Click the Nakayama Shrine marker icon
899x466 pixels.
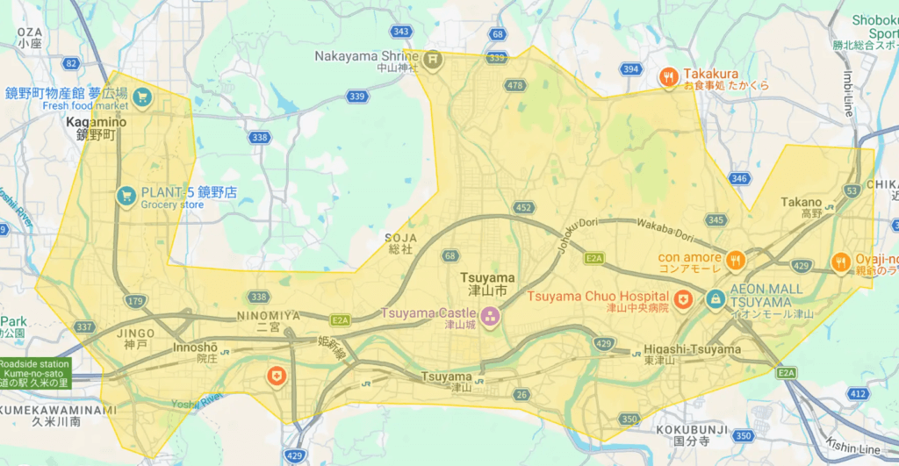pyautogui.click(x=432, y=59)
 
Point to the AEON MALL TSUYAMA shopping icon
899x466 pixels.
pyautogui.click(x=716, y=299)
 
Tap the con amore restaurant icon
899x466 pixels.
pyautogui.click(x=736, y=259)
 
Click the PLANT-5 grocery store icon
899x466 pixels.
pyautogui.click(x=126, y=195)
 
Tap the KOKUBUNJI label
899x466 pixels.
pyautogui.click(x=691, y=429)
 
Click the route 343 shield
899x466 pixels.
pyautogui.click(x=402, y=32)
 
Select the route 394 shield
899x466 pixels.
pyautogui.click(x=629, y=68)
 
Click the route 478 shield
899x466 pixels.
pyautogui.click(x=514, y=85)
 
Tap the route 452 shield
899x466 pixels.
pyautogui.click(x=524, y=208)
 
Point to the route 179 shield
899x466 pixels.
pyautogui.click(x=135, y=302)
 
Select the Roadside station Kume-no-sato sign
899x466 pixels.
pyautogui.click(x=35, y=372)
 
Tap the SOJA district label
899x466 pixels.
pyautogui.click(x=398, y=243)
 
